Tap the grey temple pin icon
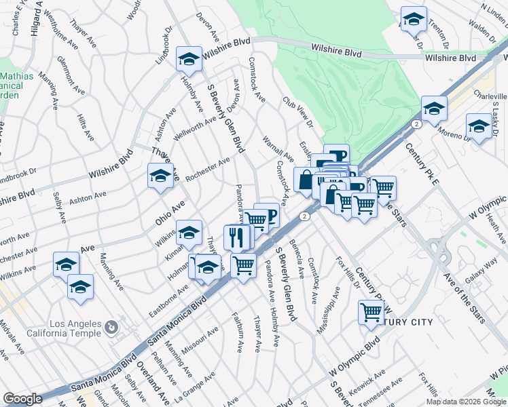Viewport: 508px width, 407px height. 109,328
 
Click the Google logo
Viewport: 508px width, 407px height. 22,398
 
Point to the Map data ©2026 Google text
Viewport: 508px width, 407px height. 465,402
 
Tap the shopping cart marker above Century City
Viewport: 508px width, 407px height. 371,313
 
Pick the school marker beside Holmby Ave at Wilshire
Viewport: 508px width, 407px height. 189,59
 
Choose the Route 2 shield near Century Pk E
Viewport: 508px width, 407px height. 414,123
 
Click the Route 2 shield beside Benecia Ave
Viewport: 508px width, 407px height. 305,216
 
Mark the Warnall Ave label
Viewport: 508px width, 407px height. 278,150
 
